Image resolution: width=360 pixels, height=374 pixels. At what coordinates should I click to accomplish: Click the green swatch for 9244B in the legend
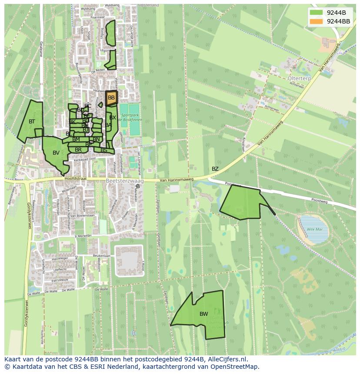point(317,12)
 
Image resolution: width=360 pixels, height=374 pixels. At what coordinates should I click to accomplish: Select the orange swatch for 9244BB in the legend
point(317,21)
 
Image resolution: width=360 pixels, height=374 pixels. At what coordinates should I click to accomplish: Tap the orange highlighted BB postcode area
point(111,98)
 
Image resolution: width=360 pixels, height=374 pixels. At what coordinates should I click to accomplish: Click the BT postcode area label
point(32,122)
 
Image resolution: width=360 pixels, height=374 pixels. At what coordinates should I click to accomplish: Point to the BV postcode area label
point(56,153)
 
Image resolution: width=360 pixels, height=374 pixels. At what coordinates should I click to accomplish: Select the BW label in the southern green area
point(203,314)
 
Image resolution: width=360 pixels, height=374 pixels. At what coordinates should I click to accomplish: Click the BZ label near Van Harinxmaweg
point(215,169)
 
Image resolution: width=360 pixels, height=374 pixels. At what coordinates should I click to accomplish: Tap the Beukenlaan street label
point(101,256)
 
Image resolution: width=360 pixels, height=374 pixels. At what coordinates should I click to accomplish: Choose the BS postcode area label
point(104,150)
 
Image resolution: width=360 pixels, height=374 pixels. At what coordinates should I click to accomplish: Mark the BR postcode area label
point(78,150)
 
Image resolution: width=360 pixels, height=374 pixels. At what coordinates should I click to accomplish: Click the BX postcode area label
point(113,118)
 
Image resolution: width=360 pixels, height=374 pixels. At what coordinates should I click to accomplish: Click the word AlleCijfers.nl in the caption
point(226,360)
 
